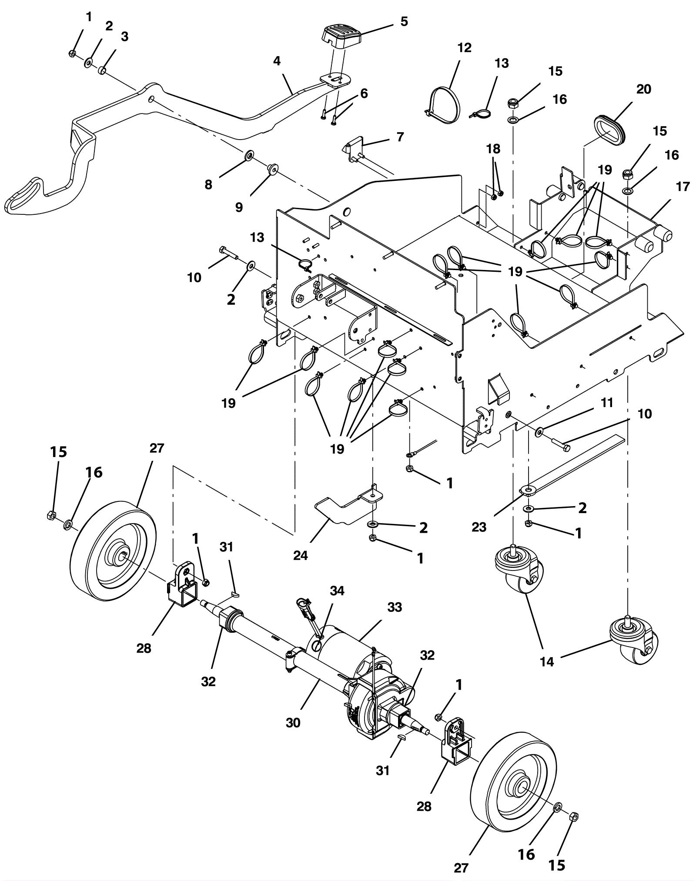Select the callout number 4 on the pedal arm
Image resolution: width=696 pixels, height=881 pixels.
[x=277, y=61]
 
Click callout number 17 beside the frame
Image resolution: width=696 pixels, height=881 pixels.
[x=683, y=187]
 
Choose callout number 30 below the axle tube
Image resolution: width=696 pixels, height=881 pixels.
[x=293, y=723]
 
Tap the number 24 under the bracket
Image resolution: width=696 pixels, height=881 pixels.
[x=300, y=555]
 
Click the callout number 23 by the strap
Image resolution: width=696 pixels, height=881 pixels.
[x=479, y=527]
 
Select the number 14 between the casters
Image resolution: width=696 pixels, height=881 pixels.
[x=547, y=661]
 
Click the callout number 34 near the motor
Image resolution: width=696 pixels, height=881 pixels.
[x=337, y=591]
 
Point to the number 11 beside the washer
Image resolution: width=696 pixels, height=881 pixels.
[x=606, y=403]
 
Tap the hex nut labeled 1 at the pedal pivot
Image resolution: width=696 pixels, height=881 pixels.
[x=73, y=53]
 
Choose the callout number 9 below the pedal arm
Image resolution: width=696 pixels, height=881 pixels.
[x=239, y=207]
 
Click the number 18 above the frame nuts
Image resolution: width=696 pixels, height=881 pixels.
[x=493, y=149]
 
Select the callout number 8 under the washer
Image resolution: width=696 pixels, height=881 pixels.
[x=208, y=184]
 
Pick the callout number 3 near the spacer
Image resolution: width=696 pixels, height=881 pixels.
[x=124, y=37]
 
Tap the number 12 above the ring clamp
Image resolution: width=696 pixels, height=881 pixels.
[x=465, y=47]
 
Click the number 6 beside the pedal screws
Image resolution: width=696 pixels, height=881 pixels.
[x=364, y=93]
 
